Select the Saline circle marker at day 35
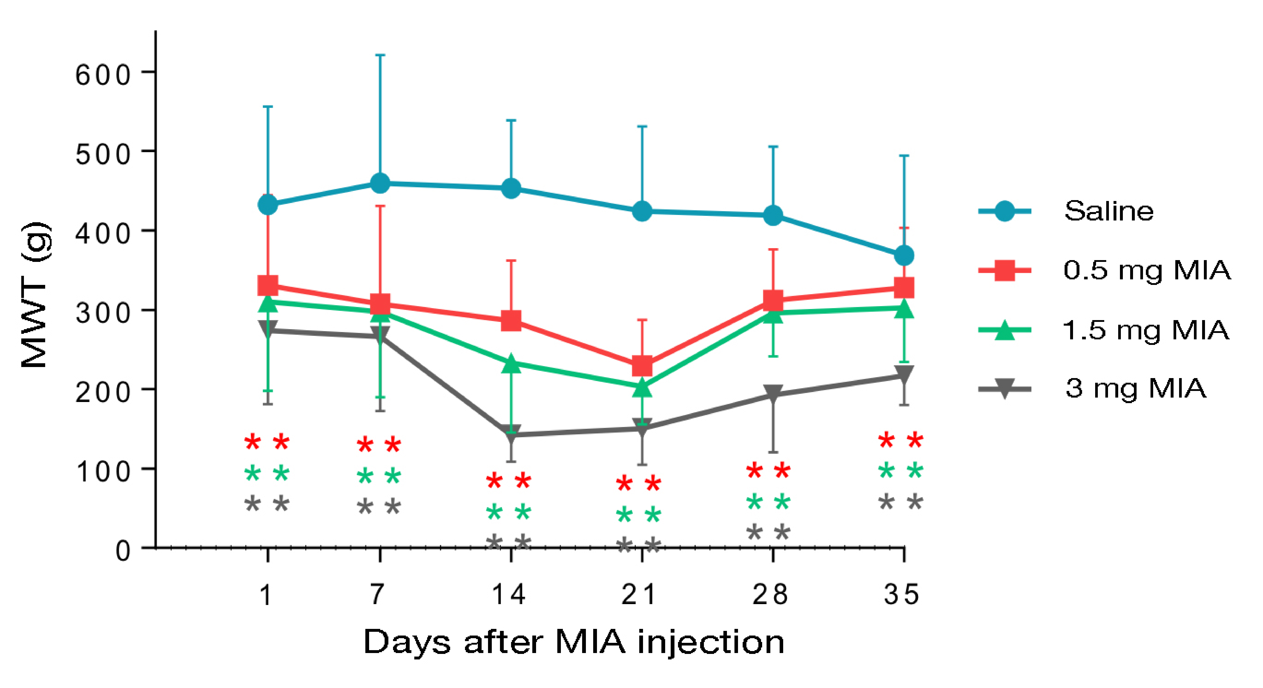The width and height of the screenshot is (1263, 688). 904,255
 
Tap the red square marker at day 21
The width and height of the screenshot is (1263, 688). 642,365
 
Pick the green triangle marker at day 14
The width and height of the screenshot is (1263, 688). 511,364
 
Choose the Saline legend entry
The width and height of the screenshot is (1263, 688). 1108,211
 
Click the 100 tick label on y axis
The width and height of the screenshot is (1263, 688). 103,472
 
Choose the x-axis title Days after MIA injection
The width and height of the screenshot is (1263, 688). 574,642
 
